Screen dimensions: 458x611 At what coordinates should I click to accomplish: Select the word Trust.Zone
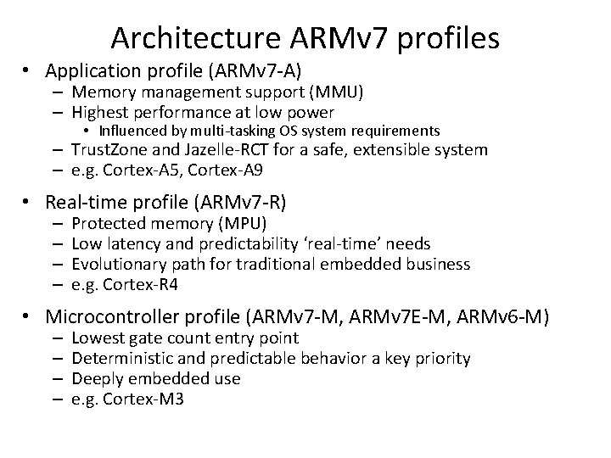click(109, 150)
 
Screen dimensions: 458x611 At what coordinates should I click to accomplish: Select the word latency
click(132, 243)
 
